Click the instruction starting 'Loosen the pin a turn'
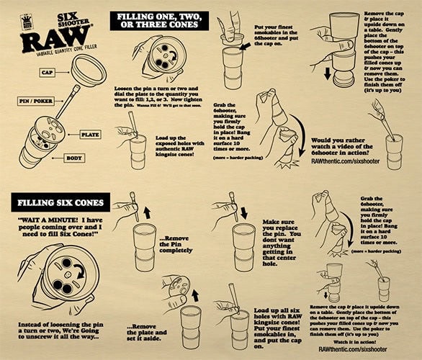160,96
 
